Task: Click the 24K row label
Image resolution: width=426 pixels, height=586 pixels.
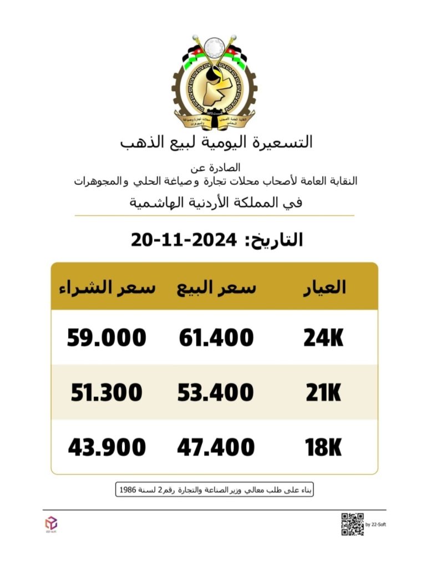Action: [323, 338]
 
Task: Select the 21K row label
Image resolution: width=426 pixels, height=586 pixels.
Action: [323, 393]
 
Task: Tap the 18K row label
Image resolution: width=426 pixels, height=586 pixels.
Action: [323, 447]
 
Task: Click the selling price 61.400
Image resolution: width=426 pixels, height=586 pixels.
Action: [216, 338]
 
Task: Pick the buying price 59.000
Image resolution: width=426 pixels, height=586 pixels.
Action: [107, 338]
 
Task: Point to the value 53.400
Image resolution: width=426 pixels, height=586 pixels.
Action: [216, 393]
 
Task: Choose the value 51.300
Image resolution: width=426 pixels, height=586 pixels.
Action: [107, 393]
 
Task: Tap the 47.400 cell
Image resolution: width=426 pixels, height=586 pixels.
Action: [216, 447]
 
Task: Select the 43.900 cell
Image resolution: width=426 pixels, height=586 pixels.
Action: [107, 447]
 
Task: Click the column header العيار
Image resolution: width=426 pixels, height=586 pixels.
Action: [326, 287]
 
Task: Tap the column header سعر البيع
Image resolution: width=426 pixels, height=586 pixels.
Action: [216, 287]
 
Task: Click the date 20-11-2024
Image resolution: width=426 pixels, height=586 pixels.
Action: [184, 240]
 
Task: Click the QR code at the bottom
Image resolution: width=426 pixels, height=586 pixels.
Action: [352, 524]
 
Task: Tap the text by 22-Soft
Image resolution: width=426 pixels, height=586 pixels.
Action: [376, 524]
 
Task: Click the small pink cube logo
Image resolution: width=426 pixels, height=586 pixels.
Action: [51, 522]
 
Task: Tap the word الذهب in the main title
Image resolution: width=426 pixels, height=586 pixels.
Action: [140, 142]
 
